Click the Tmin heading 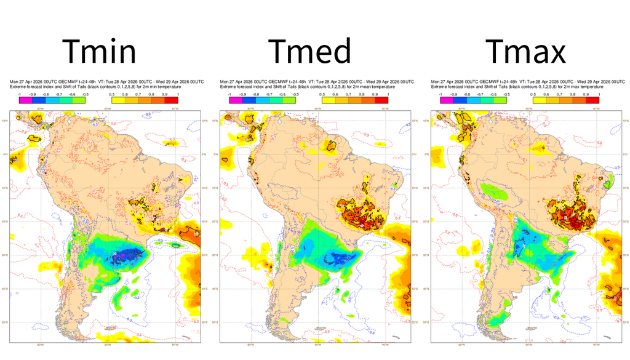(100, 52)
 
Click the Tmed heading (310, 52)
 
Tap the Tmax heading (525, 52)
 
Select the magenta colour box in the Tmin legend (24, 100)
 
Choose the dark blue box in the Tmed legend (249, 100)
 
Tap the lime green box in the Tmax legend (500, 100)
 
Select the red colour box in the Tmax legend (593, 100)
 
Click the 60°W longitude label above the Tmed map (317, 108)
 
